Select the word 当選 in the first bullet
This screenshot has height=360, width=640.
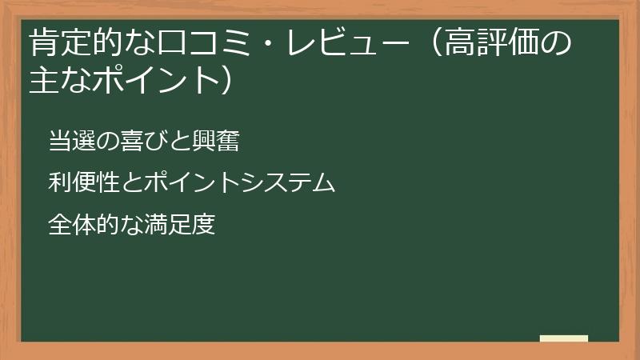(69, 142)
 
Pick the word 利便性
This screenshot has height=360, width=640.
(78, 183)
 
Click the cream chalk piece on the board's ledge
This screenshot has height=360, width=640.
(564, 339)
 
